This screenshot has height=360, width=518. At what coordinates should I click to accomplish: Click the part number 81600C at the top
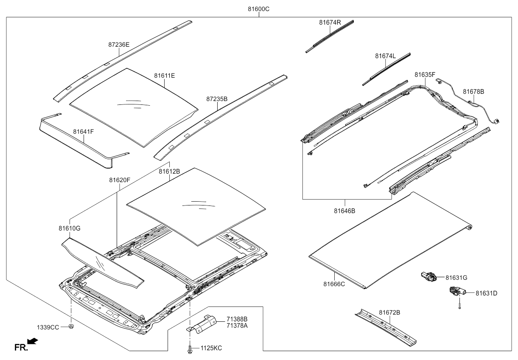click(x=258, y=9)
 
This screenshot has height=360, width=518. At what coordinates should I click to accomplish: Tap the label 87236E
click(x=119, y=44)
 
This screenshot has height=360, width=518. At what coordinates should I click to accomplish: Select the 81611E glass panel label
click(x=164, y=76)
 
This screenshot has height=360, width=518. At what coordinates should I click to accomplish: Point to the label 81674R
click(x=330, y=22)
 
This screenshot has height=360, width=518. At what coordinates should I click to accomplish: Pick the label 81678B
click(x=473, y=91)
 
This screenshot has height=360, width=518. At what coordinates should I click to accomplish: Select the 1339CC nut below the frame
click(x=71, y=326)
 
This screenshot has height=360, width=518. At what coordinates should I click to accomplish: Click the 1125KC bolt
click(x=189, y=349)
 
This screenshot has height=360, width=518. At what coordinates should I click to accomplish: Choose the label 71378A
click(x=237, y=325)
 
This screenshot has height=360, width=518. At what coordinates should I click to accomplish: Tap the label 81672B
click(x=389, y=312)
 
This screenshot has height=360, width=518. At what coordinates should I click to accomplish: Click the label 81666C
click(x=334, y=284)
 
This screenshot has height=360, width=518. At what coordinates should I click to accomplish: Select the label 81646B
click(x=344, y=211)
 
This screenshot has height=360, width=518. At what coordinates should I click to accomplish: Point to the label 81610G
click(x=70, y=228)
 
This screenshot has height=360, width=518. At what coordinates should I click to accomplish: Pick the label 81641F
click(x=83, y=132)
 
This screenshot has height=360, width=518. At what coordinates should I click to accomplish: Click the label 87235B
click(x=217, y=99)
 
